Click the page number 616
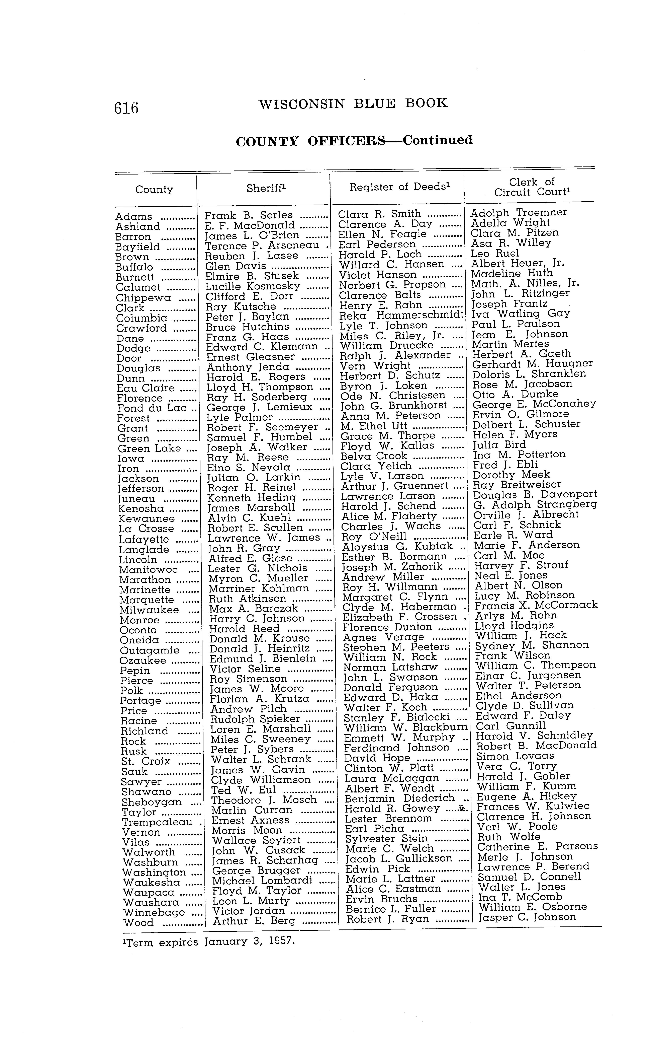126,107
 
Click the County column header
154,190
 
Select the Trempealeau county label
157,822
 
